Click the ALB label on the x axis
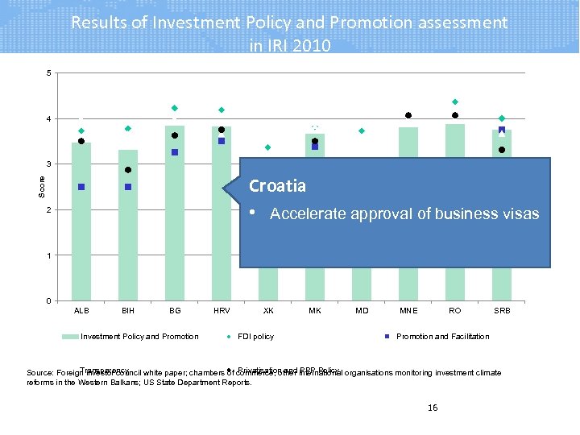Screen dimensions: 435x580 coord(81,310)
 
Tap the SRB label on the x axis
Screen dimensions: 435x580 coord(502,310)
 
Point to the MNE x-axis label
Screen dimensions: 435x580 coord(408,310)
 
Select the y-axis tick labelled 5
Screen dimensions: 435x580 coord(48,74)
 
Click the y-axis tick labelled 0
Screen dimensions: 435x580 coord(48,301)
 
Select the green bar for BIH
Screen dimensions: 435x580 coord(128,234)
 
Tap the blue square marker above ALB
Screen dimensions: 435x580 coord(81,187)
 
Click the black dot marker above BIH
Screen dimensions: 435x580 coord(128,170)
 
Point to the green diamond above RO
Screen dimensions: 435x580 coord(455,102)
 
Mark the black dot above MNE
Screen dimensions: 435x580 coord(408,115)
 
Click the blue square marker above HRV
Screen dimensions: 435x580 coord(222,141)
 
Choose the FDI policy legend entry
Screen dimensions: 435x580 coord(255,337)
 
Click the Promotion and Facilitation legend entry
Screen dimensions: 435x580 coord(442,337)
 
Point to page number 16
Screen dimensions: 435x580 coord(433,408)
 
